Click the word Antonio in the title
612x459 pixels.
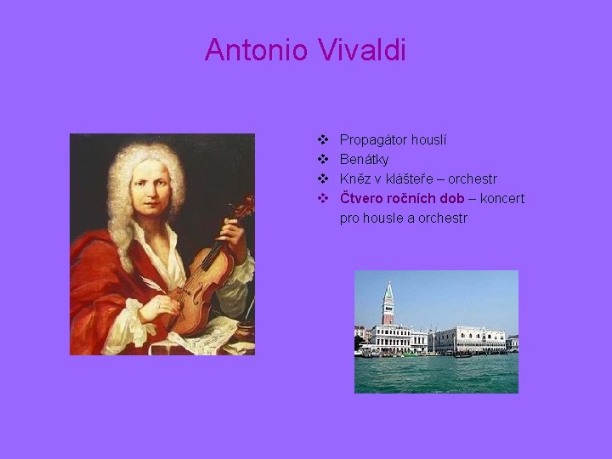click(x=258, y=50)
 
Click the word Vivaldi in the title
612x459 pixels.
click(x=363, y=50)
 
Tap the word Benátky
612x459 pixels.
click(x=364, y=160)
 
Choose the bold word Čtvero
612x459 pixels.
click(x=360, y=199)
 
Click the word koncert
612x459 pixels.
click(x=502, y=199)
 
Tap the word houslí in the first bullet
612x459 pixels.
click(x=430, y=140)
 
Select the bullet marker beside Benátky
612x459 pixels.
click(x=323, y=160)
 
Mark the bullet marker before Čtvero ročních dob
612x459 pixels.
click(x=323, y=199)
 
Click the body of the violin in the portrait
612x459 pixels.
click(x=200, y=285)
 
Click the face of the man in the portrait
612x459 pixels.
click(x=153, y=189)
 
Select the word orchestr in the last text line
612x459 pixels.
click(x=441, y=218)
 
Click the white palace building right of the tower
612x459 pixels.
click(x=468, y=339)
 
